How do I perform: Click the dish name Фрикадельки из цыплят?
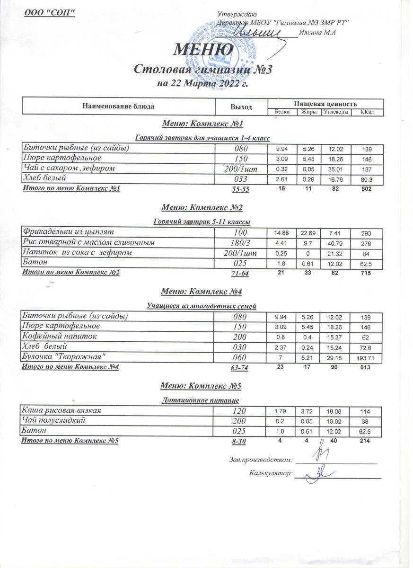click(x=68, y=232)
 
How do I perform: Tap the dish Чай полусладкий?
click(x=54, y=420)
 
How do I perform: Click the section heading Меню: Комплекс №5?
click(x=202, y=386)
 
